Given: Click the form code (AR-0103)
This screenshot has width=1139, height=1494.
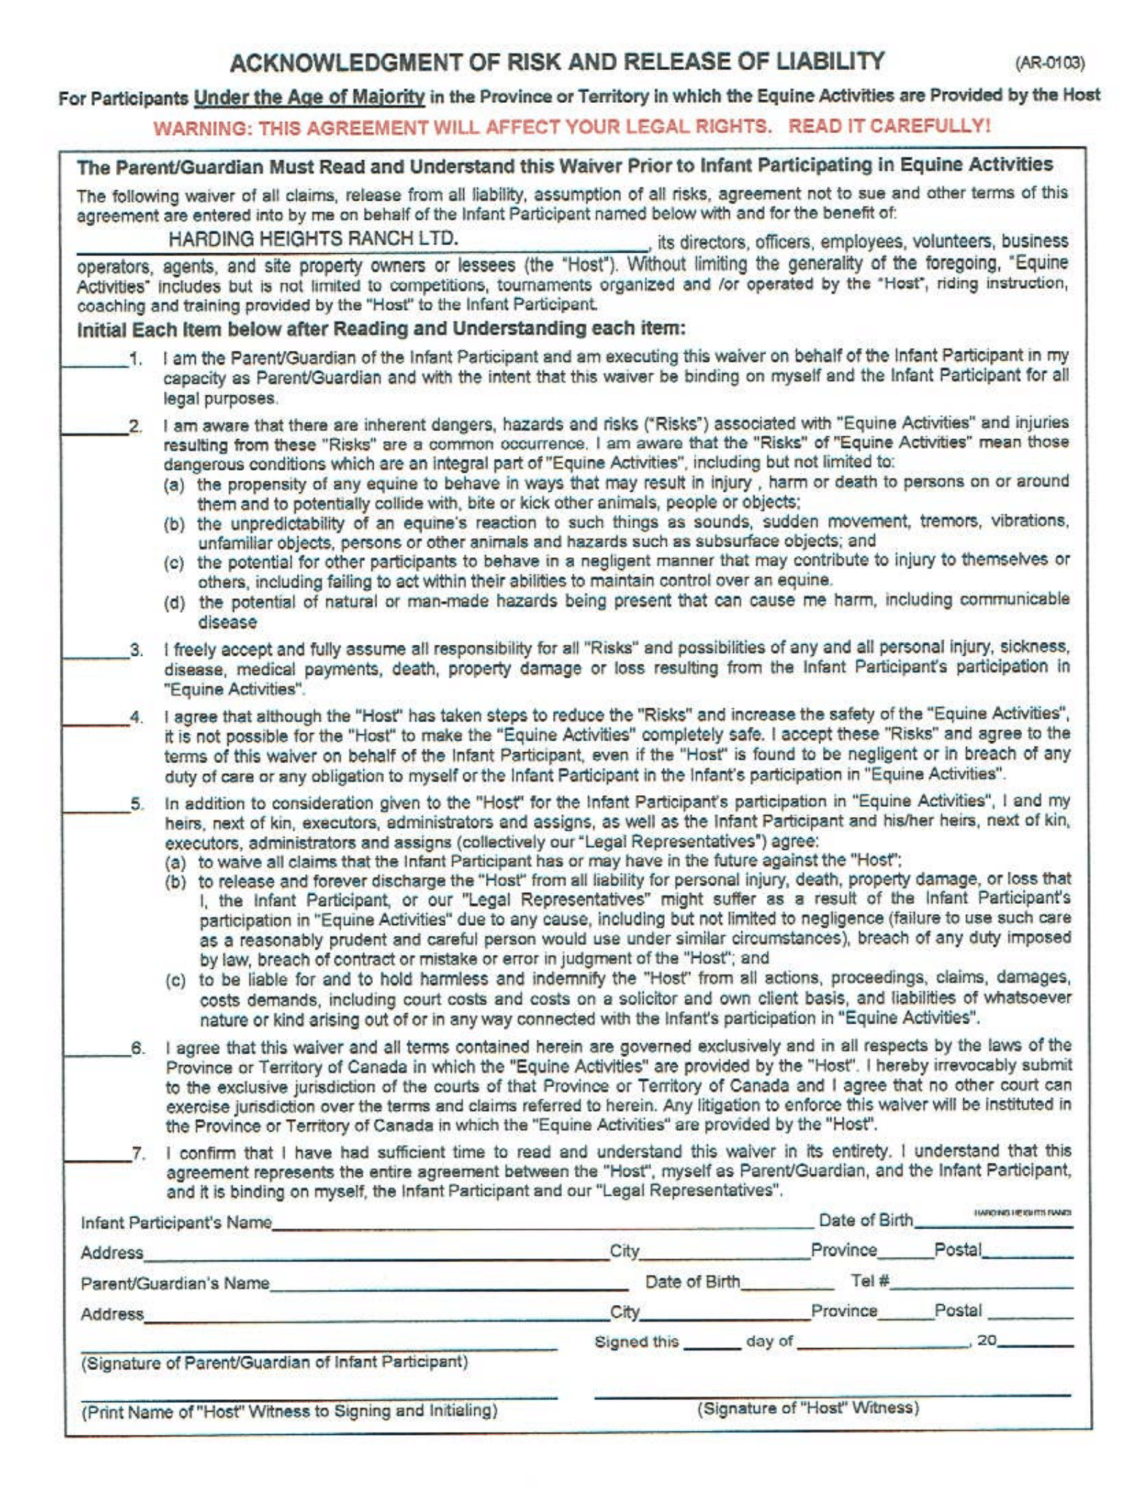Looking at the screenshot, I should click(x=1049, y=63).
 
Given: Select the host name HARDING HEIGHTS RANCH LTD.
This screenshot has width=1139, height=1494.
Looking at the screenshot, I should click(x=313, y=239).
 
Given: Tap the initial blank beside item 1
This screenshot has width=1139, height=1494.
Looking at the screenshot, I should click(x=95, y=363).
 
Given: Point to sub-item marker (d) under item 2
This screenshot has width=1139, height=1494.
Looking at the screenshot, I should click(x=174, y=603).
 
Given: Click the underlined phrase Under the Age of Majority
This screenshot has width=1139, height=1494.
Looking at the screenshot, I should click(x=309, y=97).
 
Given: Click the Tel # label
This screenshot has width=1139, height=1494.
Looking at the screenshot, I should click(x=868, y=1281).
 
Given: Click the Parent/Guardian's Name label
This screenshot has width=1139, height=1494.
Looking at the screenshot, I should click(x=175, y=1283).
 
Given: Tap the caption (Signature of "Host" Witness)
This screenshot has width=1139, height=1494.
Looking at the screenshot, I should click(x=808, y=1408).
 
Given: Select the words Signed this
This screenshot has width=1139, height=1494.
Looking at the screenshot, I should click(x=636, y=1342).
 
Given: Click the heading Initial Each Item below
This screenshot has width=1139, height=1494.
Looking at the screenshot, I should click(x=381, y=329).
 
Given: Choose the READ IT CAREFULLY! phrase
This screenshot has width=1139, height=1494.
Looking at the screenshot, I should click(x=889, y=126).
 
